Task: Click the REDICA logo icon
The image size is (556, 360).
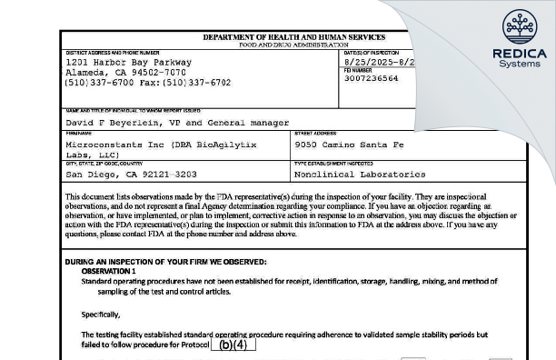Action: coord(520,28)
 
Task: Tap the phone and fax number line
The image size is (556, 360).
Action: coord(148,83)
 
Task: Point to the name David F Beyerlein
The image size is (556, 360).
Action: coord(117,122)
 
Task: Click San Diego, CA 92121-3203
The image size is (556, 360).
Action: coord(131,173)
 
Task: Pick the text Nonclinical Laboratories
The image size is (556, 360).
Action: coord(360,173)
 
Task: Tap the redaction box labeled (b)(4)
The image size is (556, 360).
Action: coord(233,345)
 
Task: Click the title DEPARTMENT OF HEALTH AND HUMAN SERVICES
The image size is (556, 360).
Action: coord(295,37)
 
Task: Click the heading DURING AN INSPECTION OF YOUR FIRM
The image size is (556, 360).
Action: coord(146,262)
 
